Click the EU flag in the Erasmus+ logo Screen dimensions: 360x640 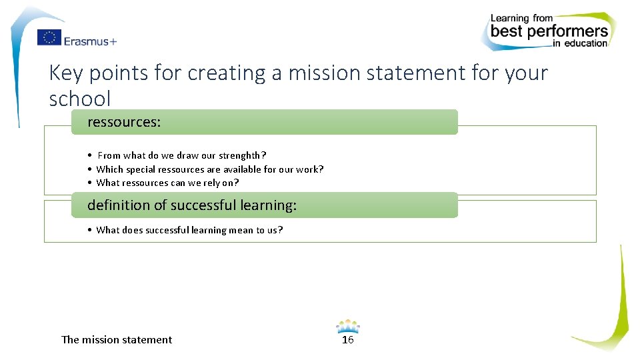point(49,38)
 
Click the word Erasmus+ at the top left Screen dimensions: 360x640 point(90,41)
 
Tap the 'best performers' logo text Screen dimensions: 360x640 point(549,31)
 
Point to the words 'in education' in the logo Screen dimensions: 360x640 point(580,44)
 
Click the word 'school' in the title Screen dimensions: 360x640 point(80,99)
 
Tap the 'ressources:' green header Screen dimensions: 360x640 point(124,122)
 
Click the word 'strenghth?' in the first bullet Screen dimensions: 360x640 point(243,155)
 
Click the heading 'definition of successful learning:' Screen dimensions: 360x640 point(192,205)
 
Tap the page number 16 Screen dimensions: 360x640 point(347,340)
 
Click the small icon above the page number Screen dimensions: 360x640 point(347,326)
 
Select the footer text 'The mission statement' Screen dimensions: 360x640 point(117,340)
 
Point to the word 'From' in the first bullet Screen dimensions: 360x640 point(109,155)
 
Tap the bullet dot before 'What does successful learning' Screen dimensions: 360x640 point(89,230)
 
